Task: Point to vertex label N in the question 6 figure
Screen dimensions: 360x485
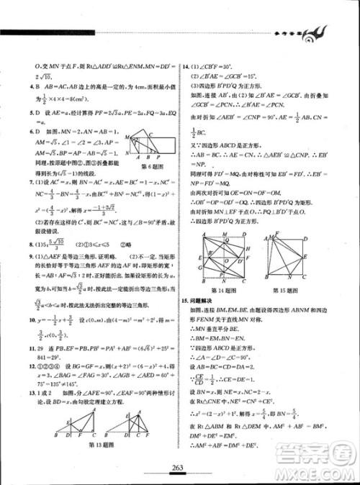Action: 127,153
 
